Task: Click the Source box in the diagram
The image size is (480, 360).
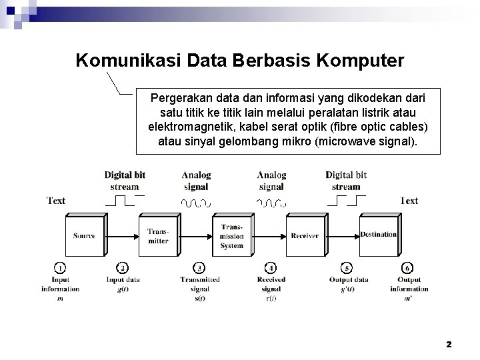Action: [84, 236]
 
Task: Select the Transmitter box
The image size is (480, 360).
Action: [158, 236]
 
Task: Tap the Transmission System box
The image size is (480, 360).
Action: [231, 236]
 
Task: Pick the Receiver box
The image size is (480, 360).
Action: [305, 236]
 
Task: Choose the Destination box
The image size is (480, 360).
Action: [379, 235]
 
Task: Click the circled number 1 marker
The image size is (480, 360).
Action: [59, 268]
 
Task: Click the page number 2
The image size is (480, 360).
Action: [449, 344]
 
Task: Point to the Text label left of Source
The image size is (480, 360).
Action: [56, 200]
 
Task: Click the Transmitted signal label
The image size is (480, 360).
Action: [195, 285]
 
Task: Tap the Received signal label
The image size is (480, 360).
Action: [271, 285]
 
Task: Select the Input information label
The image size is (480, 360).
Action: [60, 285]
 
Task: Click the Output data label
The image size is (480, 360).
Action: [348, 280]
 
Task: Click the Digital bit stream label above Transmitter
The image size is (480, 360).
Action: [125, 181]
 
